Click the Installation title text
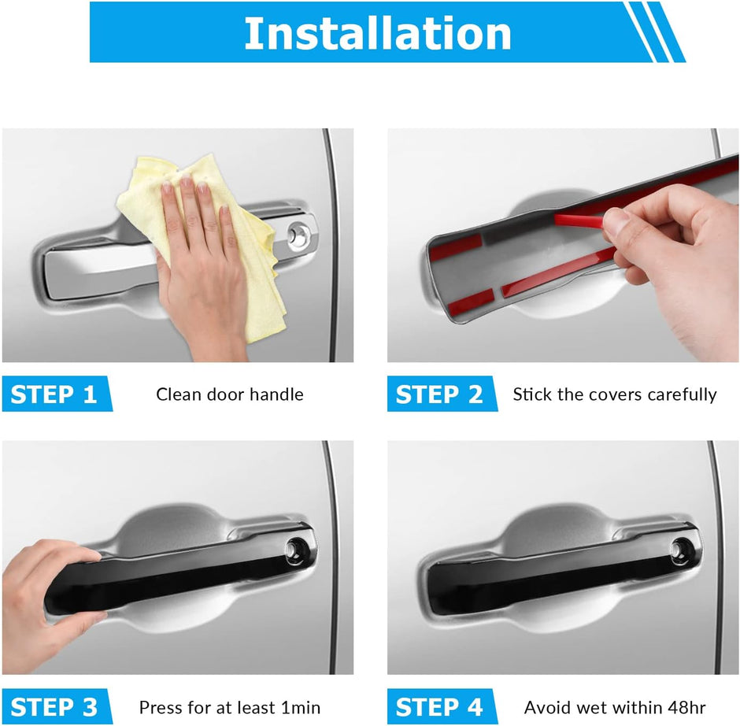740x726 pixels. [378, 33]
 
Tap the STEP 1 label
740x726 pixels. [54, 394]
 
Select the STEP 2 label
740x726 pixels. [439, 394]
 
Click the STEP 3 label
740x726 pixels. [54, 707]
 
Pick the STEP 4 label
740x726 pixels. [439, 707]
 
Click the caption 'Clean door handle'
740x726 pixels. [230, 394]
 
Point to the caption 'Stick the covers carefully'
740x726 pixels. [615, 394]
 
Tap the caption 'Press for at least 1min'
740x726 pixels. [230, 708]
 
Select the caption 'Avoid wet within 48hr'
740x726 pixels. [615, 708]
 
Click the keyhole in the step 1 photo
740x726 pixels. [298, 234]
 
